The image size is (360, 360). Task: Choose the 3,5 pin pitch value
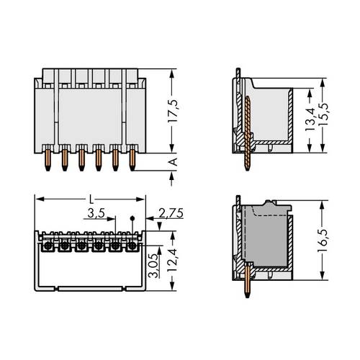pos(92,213)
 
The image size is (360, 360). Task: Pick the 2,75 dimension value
pos(170,213)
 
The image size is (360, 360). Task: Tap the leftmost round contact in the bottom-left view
pos(47,246)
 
